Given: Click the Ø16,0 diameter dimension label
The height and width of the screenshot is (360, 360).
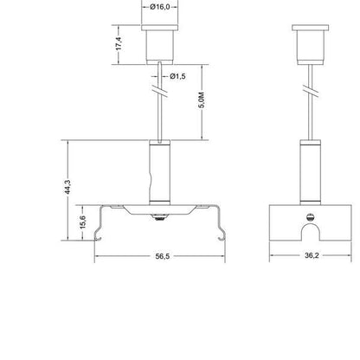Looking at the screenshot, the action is (x=160, y=7).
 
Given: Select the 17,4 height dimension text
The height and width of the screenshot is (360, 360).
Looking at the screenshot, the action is (x=119, y=43).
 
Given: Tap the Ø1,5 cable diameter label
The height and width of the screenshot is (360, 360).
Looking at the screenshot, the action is (x=177, y=76).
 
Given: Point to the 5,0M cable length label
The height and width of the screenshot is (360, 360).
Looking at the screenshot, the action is (x=202, y=100).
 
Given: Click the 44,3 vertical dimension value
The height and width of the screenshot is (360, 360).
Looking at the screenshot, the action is (x=67, y=187).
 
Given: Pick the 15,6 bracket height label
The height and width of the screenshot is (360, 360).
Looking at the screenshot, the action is (x=83, y=222).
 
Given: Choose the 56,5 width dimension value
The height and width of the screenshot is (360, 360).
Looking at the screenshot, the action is (x=163, y=256).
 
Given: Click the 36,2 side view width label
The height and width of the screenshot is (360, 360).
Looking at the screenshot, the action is (x=312, y=255).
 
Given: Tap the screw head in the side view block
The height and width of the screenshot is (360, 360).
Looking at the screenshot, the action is (x=310, y=217).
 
